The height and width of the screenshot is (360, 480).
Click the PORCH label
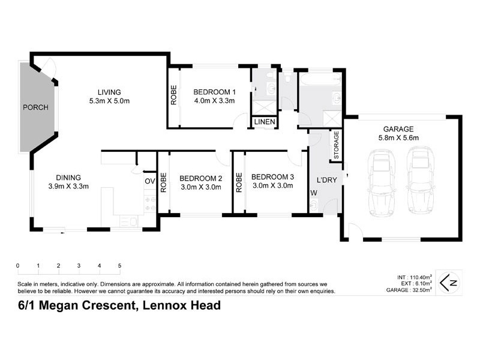[35, 107]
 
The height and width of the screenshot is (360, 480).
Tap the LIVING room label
[110, 92]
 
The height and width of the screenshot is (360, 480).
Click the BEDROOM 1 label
[214, 92]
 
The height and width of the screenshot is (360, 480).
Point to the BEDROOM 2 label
[200, 178]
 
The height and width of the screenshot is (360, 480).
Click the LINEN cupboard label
[265, 122]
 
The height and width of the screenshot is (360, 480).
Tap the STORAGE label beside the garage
[337, 145]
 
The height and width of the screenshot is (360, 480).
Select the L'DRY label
[325, 179]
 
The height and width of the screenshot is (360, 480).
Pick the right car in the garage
[419, 182]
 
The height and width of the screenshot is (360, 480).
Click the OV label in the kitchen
[149, 181]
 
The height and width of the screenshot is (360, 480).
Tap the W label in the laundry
[313, 193]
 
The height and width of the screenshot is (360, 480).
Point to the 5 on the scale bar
[119, 266]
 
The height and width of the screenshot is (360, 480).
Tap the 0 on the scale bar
[18, 266]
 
